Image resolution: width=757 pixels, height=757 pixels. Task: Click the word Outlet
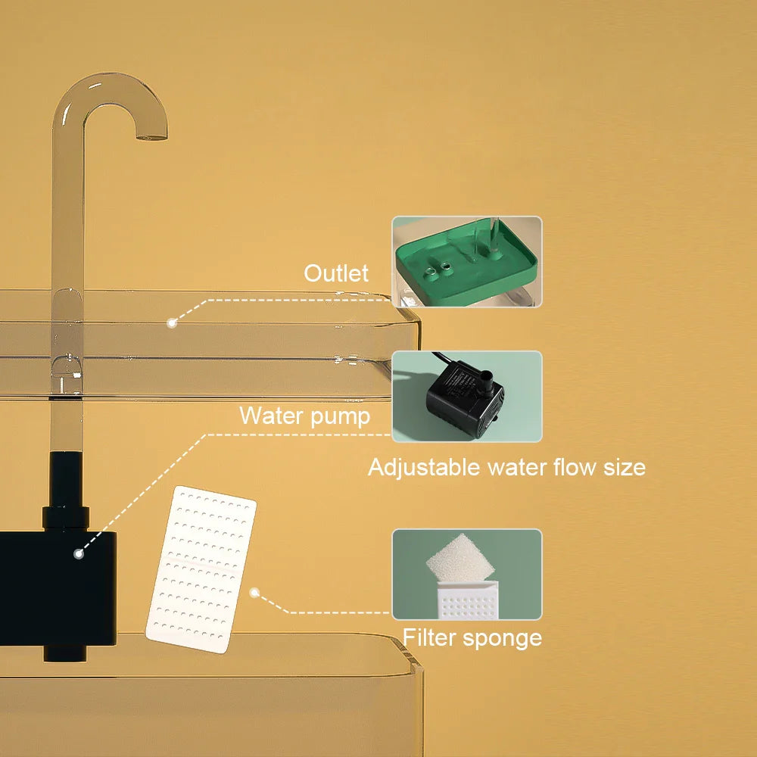(x=336, y=273)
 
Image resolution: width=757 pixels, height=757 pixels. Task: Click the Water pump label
(x=304, y=416)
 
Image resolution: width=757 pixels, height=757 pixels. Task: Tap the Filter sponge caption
(x=472, y=637)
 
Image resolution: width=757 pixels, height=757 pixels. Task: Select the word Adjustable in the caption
(x=423, y=467)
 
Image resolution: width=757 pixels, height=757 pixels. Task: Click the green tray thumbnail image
(x=467, y=262)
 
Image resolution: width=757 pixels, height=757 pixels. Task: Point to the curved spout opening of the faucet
(x=151, y=136)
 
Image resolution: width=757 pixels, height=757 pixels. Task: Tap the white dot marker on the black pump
(x=78, y=554)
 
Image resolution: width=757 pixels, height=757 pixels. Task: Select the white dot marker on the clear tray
(x=172, y=322)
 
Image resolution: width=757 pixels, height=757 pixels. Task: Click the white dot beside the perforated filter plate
(x=255, y=593)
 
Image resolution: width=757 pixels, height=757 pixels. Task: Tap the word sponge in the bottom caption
(x=504, y=638)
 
